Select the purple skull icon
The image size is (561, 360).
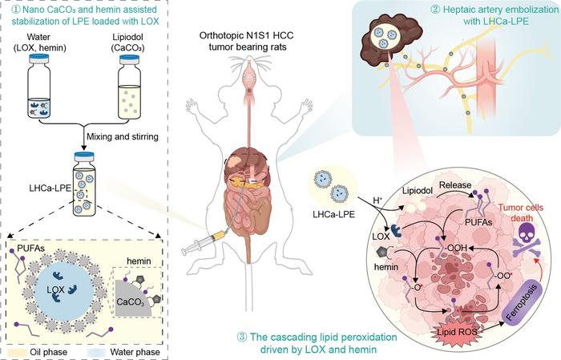coord(525,233)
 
